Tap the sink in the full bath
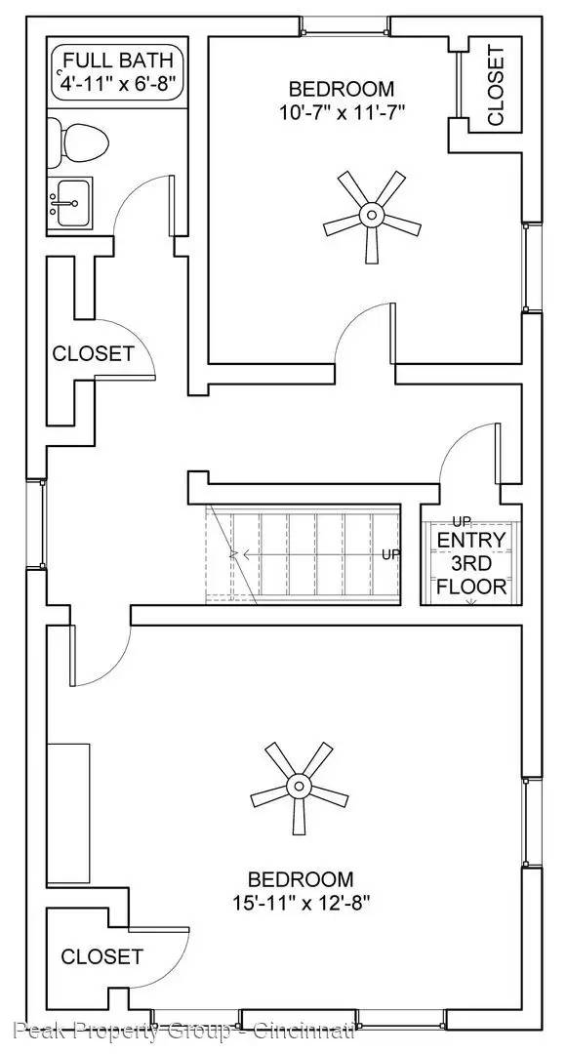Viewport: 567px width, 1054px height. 70,202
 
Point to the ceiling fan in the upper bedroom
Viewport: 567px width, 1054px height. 371,214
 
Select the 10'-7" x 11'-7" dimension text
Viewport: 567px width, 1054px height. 340,112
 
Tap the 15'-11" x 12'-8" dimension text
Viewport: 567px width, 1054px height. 300,902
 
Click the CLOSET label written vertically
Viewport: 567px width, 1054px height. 496,86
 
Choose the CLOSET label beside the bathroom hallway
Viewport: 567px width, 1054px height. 93,353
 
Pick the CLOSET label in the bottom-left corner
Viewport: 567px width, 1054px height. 101,956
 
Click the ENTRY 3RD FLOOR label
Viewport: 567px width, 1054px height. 470,563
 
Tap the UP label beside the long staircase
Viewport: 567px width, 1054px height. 391,555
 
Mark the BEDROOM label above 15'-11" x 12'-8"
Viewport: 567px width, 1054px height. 300,878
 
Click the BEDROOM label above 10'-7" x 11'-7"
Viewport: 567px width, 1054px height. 340,89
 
